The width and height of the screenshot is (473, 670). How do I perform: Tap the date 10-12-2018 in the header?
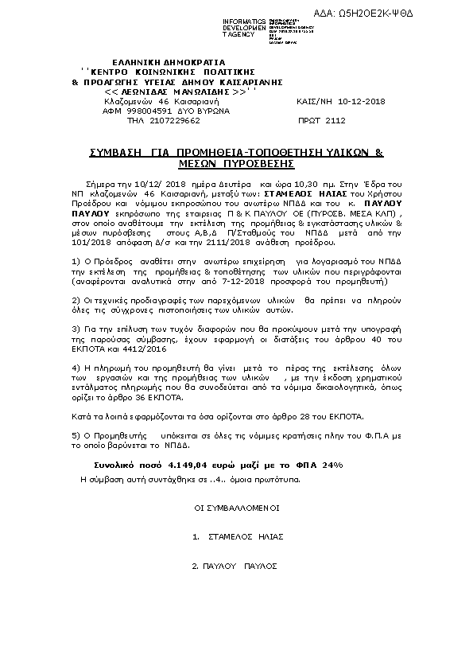(362, 102)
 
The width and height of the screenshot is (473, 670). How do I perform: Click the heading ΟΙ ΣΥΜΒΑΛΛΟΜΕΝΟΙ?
(236, 507)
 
